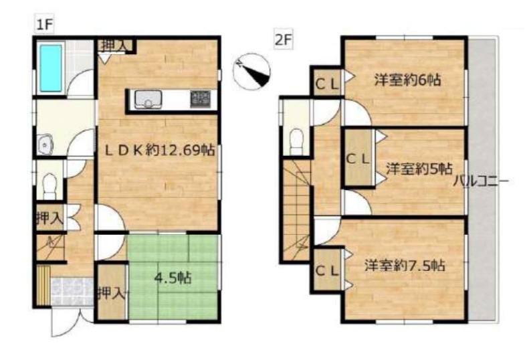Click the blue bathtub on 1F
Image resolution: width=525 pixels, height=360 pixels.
click(51, 68)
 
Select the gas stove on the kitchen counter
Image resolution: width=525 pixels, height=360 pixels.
click(201, 99)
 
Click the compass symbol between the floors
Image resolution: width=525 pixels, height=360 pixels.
click(251, 72)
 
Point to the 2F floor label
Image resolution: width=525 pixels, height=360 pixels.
click(284, 41)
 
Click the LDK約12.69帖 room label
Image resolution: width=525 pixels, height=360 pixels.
click(160, 150)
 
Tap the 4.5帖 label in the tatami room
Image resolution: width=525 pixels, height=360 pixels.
click(173, 278)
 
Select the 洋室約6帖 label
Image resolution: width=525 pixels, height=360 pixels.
click(407, 80)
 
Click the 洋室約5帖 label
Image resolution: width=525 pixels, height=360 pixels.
click(419, 169)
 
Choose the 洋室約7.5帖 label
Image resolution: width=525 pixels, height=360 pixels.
click(405, 266)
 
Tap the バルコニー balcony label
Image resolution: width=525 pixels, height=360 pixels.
click(482, 182)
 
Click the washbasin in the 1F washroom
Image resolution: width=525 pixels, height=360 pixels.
click(45, 145)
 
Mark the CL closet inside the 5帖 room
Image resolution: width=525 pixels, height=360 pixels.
click(358, 158)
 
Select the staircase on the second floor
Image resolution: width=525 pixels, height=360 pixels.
click(296, 210)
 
